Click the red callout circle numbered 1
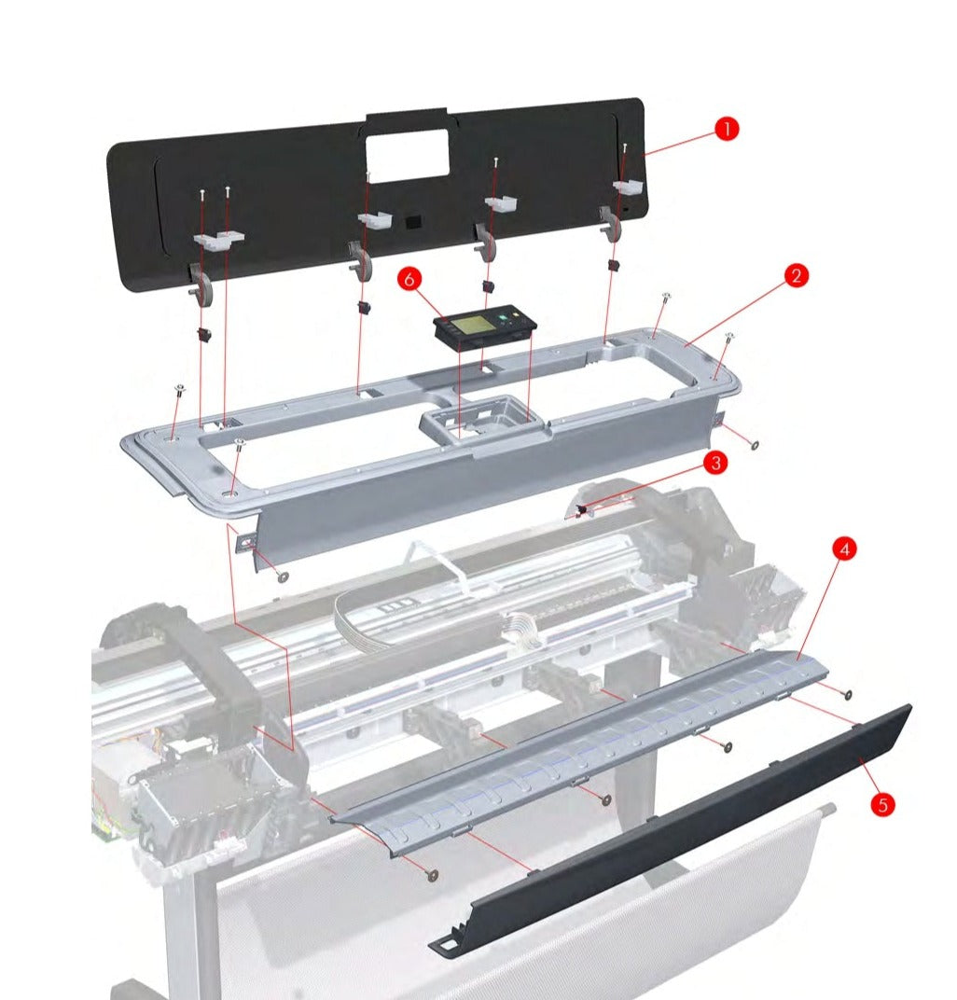(726, 129)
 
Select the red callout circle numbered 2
(795, 275)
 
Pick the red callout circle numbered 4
(844, 549)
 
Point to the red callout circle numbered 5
(881, 803)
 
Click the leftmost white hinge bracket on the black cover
(217, 241)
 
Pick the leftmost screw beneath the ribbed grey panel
(432, 873)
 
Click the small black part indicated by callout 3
(581, 509)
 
